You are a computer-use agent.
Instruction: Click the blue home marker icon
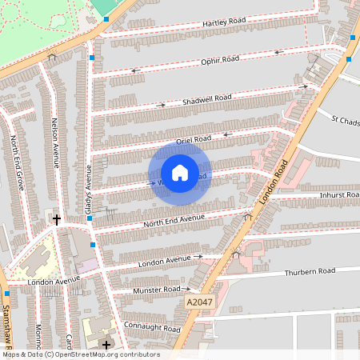[180, 173]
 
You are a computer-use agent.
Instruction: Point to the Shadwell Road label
[206, 99]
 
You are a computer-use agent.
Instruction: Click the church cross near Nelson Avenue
[56, 218]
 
